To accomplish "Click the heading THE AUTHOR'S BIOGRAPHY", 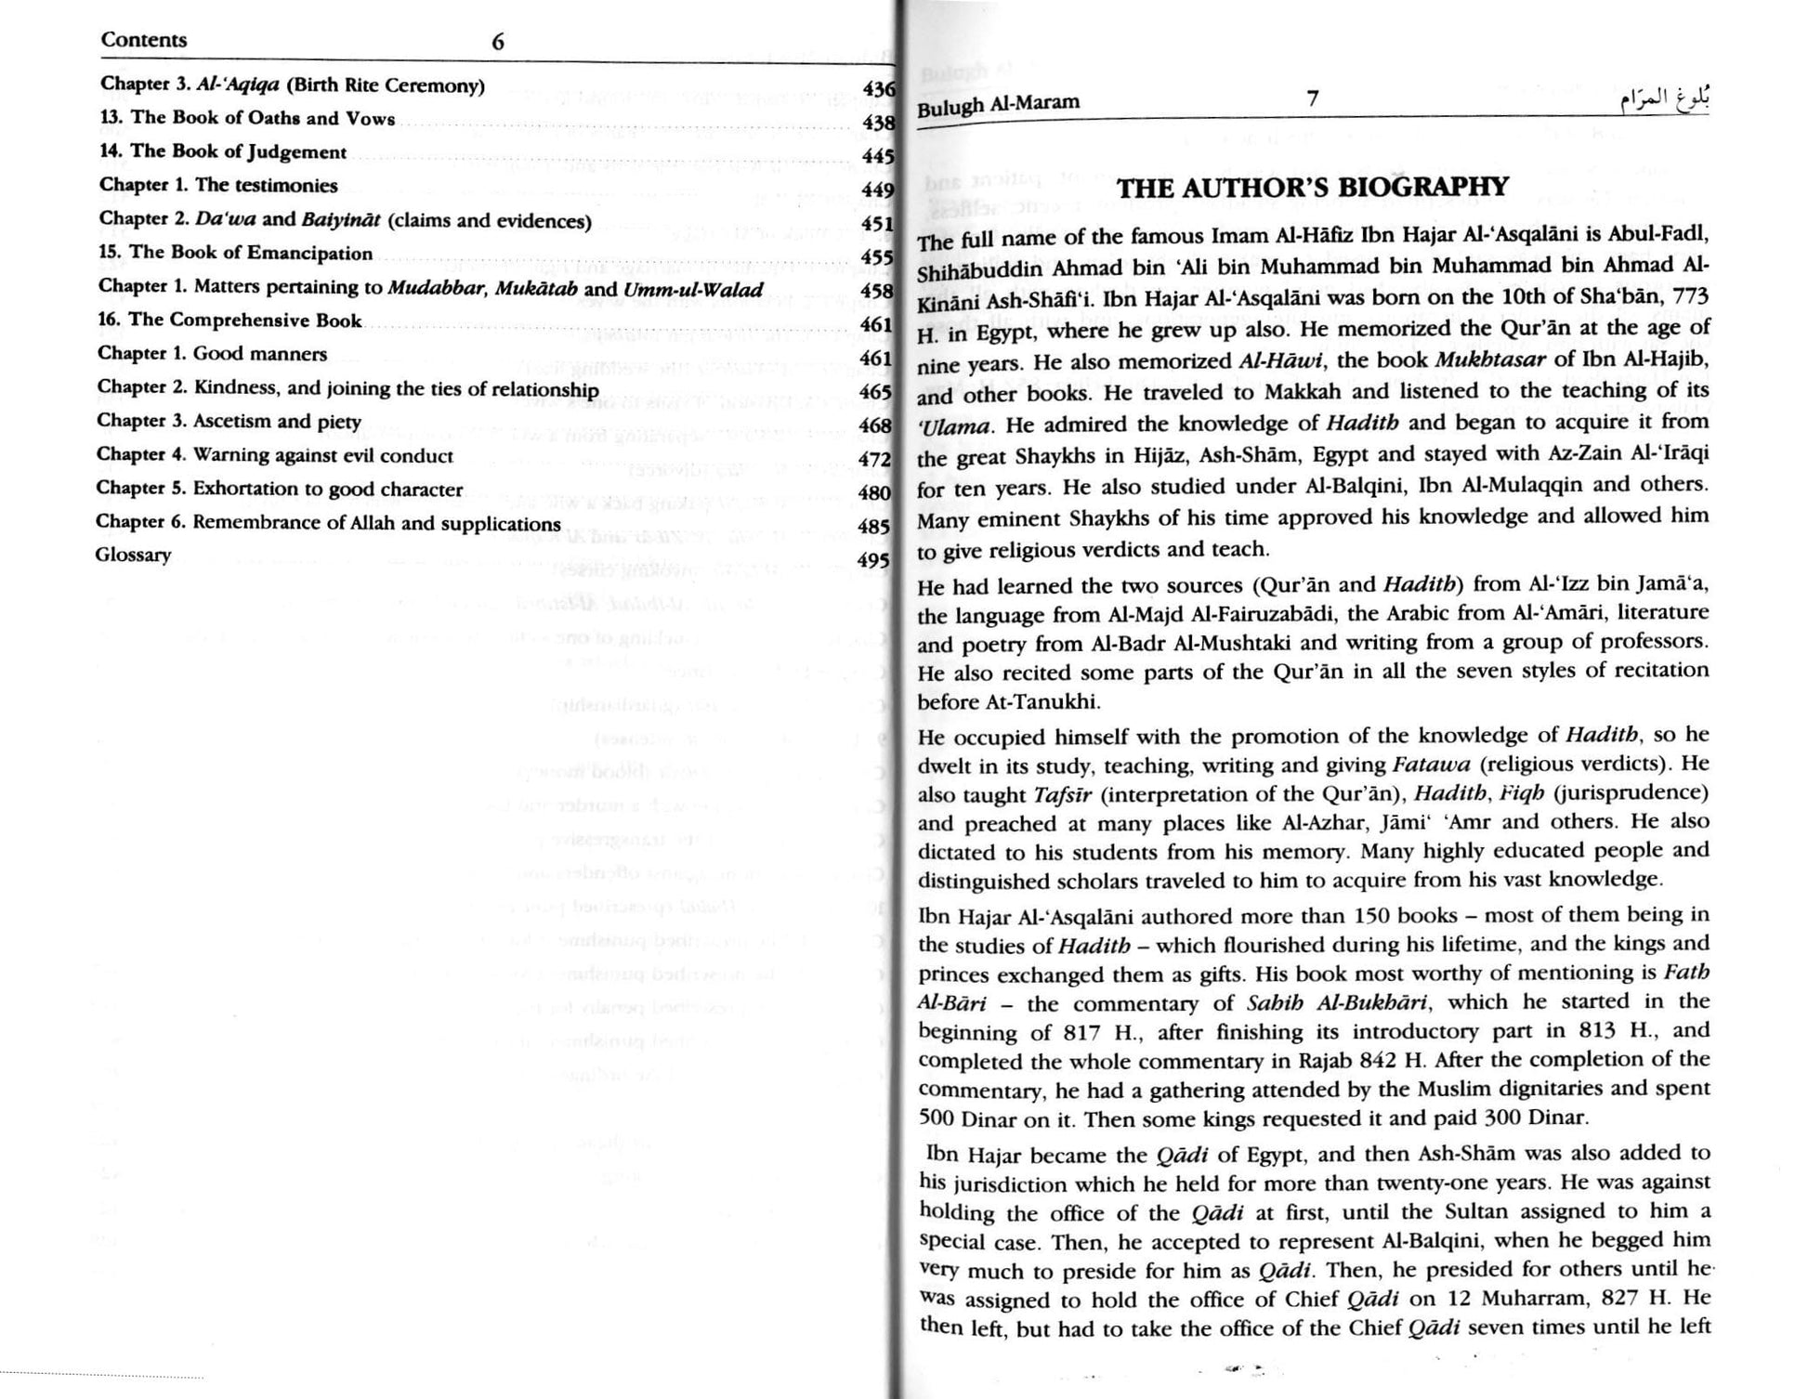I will point(1313,188).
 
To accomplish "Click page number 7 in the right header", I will point(1312,98).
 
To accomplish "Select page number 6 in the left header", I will point(498,42).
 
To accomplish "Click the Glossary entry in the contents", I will point(133,556).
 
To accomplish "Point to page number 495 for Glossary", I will point(874,560).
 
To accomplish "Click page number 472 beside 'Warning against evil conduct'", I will point(874,459).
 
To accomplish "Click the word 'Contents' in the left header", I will point(144,40).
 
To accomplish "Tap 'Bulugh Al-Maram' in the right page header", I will point(998,104).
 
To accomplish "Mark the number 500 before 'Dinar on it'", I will point(937,1118).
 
